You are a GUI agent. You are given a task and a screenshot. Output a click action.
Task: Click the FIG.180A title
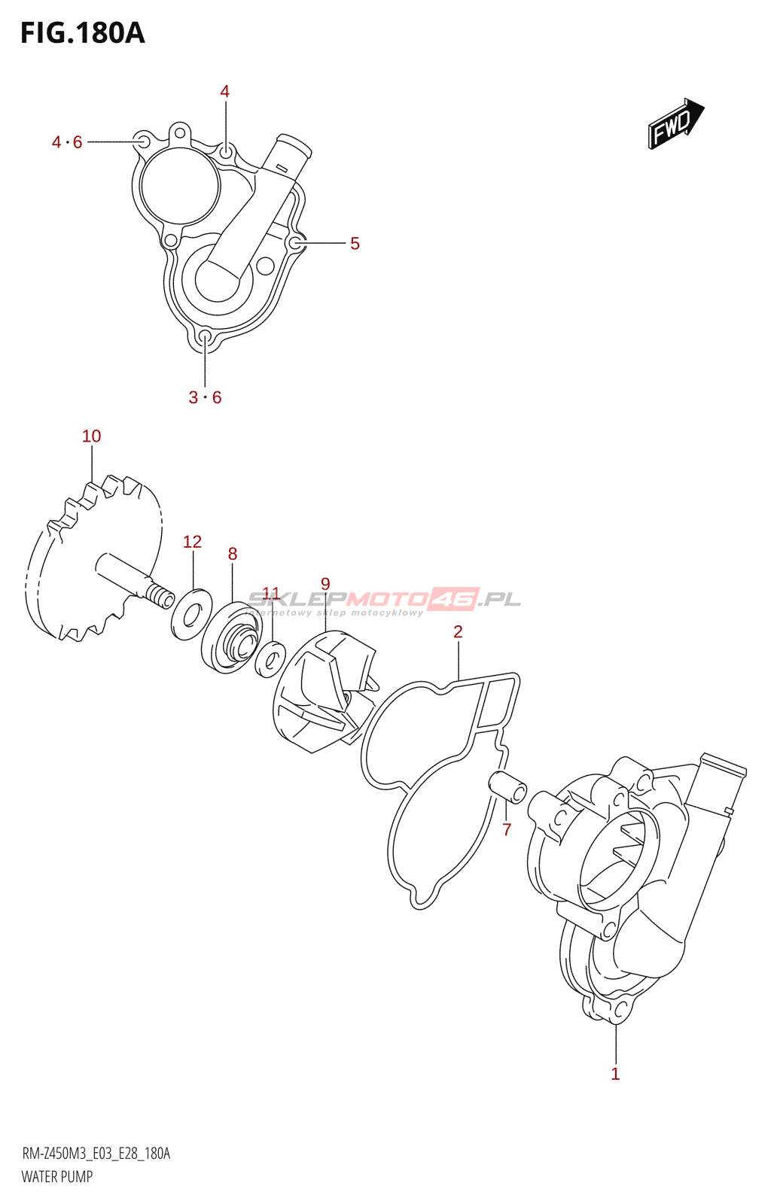(82, 34)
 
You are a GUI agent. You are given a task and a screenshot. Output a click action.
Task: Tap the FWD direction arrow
(675, 123)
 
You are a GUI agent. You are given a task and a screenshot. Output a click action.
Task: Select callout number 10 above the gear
(91, 436)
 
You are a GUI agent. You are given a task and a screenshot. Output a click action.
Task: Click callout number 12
(192, 542)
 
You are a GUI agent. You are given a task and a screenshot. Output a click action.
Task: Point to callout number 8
(233, 555)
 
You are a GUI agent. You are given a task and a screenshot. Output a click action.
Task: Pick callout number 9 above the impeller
(325, 584)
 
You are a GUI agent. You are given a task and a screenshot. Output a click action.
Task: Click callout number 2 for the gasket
(458, 632)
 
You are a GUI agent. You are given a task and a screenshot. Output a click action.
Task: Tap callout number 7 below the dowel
(507, 830)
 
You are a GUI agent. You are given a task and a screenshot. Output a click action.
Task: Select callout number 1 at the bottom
(615, 1074)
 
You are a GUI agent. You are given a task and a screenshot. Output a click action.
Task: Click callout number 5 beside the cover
(355, 244)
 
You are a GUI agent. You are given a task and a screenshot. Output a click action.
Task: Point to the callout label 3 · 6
(205, 397)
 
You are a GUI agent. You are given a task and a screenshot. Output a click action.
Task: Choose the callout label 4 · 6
(67, 142)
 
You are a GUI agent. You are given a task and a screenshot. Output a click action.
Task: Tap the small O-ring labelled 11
(270, 658)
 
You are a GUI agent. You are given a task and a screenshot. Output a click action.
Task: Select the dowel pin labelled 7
(508, 787)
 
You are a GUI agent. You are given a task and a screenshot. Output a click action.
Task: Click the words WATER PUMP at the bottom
(57, 1177)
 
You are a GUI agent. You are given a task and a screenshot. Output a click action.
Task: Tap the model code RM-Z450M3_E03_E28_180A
(96, 1154)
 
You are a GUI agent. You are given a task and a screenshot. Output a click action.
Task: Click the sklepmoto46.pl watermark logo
(384, 600)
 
